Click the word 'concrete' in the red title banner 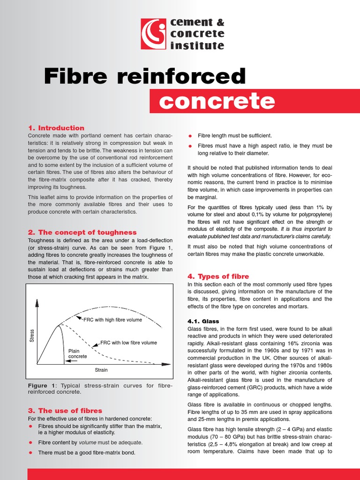[216, 101]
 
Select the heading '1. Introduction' [56, 128]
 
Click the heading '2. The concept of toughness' [82, 232]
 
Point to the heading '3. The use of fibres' [65, 411]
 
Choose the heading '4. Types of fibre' [218, 277]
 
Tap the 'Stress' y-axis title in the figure [32, 336]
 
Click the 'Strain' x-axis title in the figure [101, 370]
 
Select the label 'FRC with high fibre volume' [112, 320]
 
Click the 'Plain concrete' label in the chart [78, 353]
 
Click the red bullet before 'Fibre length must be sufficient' [190, 136]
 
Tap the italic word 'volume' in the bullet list [87, 442]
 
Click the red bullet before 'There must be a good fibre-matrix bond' [30, 453]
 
